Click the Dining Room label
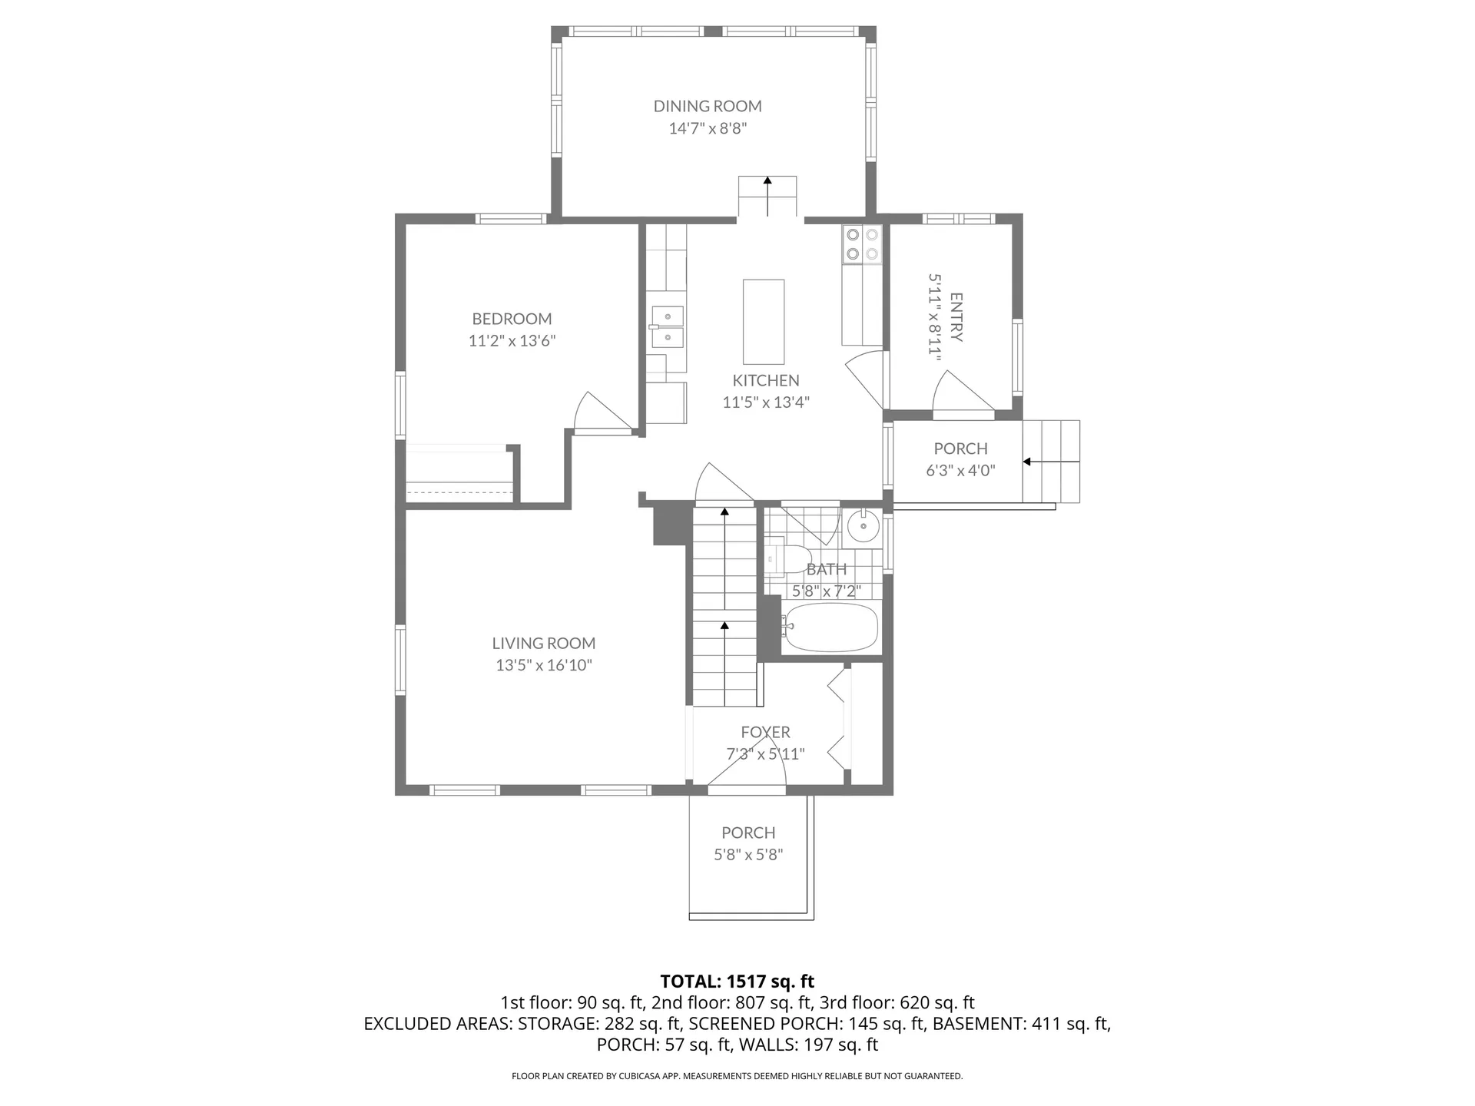[708, 106]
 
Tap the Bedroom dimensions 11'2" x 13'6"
[512, 340]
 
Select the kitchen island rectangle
[764, 322]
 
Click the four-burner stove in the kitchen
[862, 244]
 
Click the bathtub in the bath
[830, 628]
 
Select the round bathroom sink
[864, 526]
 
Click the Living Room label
[544, 644]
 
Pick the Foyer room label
[765, 733]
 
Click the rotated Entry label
[956, 316]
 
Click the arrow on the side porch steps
[1051, 462]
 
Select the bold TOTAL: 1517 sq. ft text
[737, 982]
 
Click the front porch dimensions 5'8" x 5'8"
[748, 855]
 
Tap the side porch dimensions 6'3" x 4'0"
[960, 471]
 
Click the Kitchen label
[766, 380]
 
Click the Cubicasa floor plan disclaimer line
[737, 1076]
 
